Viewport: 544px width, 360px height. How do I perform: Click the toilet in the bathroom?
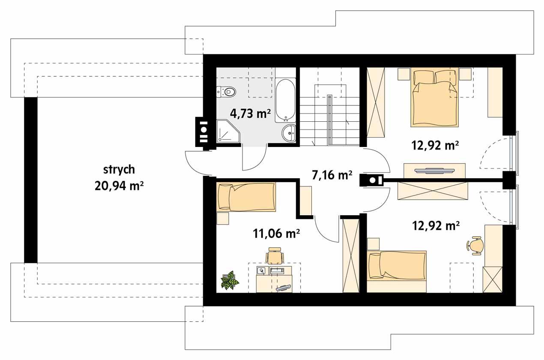click(227, 91)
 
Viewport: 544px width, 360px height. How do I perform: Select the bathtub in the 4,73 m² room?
click(285, 100)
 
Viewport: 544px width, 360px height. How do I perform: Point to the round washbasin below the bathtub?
click(289, 133)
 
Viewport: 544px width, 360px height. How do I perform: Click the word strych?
click(119, 170)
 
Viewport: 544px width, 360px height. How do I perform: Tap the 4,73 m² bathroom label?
click(250, 114)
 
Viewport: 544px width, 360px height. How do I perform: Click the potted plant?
click(230, 280)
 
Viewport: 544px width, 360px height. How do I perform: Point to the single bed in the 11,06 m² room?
click(246, 197)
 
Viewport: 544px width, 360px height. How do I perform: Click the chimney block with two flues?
click(203, 132)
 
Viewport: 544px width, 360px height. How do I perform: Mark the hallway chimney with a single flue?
click(371, 180)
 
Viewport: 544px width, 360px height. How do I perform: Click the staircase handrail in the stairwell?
click(329, 120)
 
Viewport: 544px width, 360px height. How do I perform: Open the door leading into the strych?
click(196, 164)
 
